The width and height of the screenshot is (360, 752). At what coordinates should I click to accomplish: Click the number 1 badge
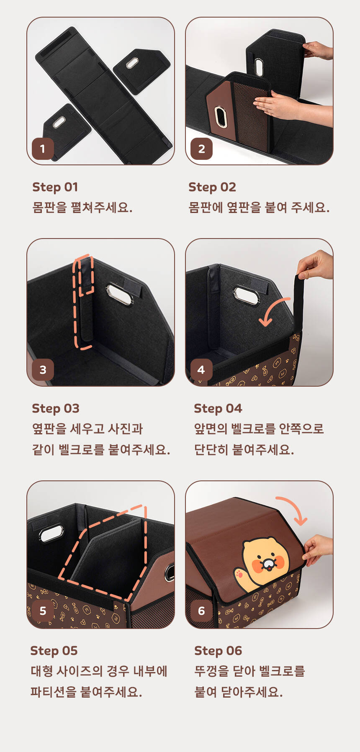pos(43,149)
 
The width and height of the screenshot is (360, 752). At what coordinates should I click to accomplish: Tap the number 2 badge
pos(201,149)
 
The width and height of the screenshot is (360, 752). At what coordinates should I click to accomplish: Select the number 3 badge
pos(43,370)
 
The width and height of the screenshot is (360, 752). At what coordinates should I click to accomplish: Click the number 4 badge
pos(201,370)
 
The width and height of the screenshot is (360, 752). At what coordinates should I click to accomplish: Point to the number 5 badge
pos(43,611)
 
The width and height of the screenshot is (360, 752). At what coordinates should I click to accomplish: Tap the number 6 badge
pos(201,611)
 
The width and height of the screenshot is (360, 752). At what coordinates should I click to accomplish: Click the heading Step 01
pos(55,187)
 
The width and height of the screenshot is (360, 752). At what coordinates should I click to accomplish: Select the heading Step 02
pos(212,187)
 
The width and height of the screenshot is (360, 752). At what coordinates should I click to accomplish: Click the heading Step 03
pos(56,408)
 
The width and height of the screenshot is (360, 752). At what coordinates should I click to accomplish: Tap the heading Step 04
pos(218,408)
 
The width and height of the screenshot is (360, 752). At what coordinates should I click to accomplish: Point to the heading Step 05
pos(54,651)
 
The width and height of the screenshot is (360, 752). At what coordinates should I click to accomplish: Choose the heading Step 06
pos(218,651)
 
